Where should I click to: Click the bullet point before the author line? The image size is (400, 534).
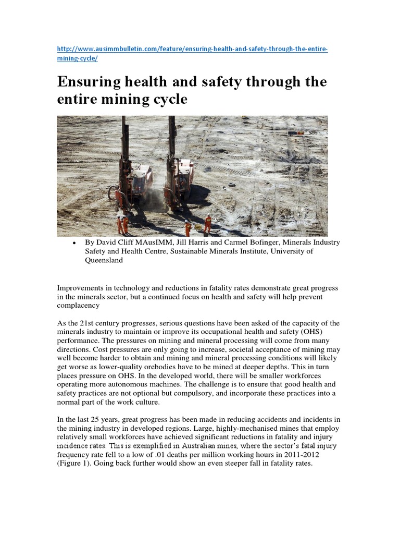click(x=75, y=244)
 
